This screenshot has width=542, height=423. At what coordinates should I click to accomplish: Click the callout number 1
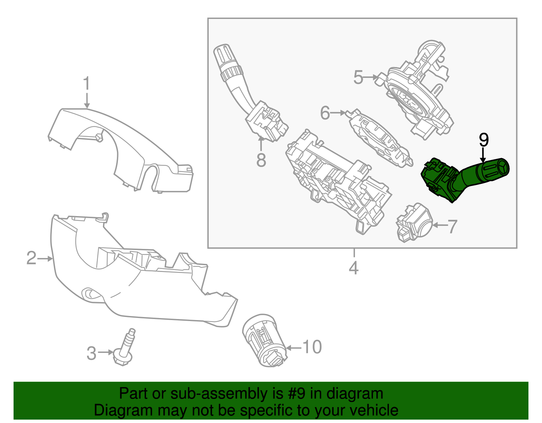[x=87, y=83]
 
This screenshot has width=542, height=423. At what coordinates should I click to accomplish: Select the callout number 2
[x=32, y=258]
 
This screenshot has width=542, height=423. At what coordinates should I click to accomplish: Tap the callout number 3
[x=91, y=353]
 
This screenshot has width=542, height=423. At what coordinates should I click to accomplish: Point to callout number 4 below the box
[x=354, y=268]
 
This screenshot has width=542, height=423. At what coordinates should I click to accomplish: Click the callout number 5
[x=358, y=77]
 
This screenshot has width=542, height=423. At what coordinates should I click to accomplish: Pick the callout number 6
[x=325, y=113]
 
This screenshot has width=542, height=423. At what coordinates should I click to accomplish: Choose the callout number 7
[x=452, y=226]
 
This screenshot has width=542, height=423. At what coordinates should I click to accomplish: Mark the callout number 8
[x=261, y=160]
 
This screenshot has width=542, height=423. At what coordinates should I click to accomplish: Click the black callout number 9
[x=484, y=140]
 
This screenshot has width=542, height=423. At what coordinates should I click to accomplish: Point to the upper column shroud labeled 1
[x=122, y=142]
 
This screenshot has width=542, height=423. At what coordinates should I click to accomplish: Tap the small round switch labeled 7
[x=415, y=222]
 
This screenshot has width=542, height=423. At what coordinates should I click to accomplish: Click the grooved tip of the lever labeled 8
[x=224, y=54]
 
